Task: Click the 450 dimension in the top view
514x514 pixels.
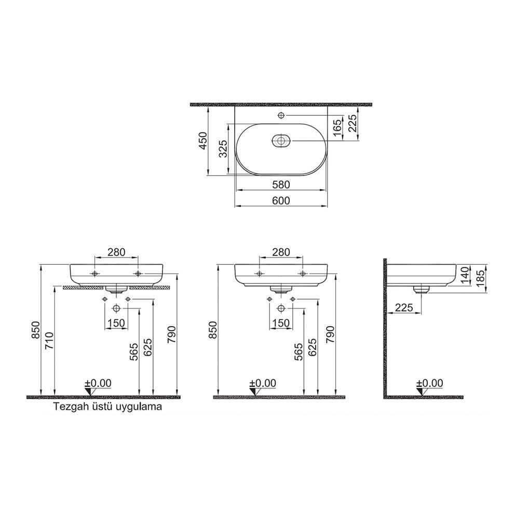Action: [x=204, y=141]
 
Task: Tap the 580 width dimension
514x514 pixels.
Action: [x=281, y=184]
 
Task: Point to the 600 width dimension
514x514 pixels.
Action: [x=281, y=200]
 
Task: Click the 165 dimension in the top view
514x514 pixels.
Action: [x=337, y=128]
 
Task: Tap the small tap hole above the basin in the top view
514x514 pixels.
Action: [x=281, y=115]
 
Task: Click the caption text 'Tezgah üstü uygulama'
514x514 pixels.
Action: [x=107, y=407]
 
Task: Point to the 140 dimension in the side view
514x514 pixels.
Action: [x=465, y=274]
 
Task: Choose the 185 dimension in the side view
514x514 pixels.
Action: [x=481, y=278]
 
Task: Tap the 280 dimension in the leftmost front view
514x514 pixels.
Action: [x=116, y=252]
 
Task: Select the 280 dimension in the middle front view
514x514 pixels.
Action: [x=280, y=252]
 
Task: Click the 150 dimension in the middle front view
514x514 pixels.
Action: [x=280, y=323]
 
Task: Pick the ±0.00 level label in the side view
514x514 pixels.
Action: [x=429, y=383]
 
